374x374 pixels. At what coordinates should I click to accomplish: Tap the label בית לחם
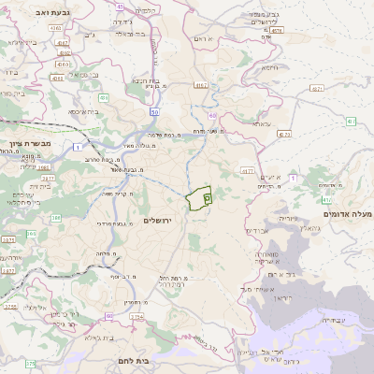pos(135,359)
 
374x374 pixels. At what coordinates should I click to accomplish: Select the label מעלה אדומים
pos(347,214)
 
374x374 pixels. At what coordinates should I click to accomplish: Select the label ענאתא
pos(261,123)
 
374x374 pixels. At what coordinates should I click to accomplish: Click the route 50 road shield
pos(154,111)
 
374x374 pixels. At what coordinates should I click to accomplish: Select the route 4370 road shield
pos(284,134)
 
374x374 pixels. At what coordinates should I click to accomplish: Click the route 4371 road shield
pos(316,89)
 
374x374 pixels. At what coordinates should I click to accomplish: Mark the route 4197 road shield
pos(200,85)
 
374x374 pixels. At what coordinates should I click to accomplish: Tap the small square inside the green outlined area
pos(207,197)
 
